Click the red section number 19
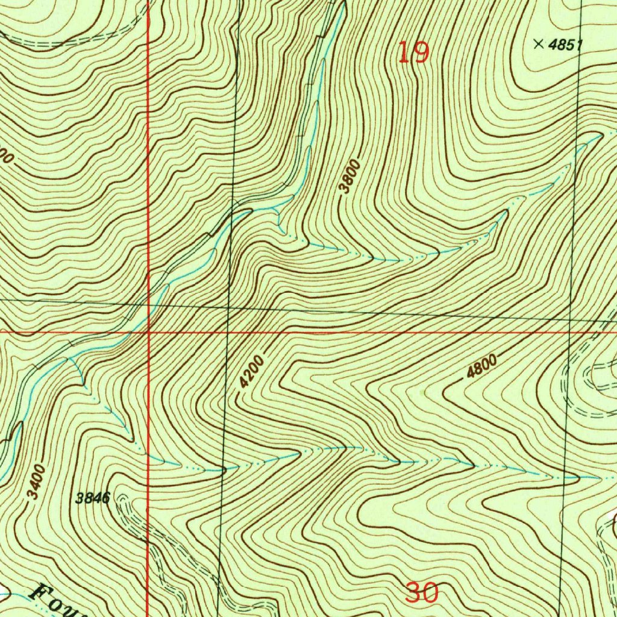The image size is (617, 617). coord(414,53)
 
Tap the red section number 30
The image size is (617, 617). coord(421,594)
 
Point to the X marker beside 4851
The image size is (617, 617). coord(538,43)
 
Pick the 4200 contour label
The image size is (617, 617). coord(252,372)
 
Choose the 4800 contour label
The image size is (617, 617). coord(481,367)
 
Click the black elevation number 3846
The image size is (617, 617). coord(92,498)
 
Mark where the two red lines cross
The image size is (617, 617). coord(148,331)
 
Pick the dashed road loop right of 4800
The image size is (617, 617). coord(594,386)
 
